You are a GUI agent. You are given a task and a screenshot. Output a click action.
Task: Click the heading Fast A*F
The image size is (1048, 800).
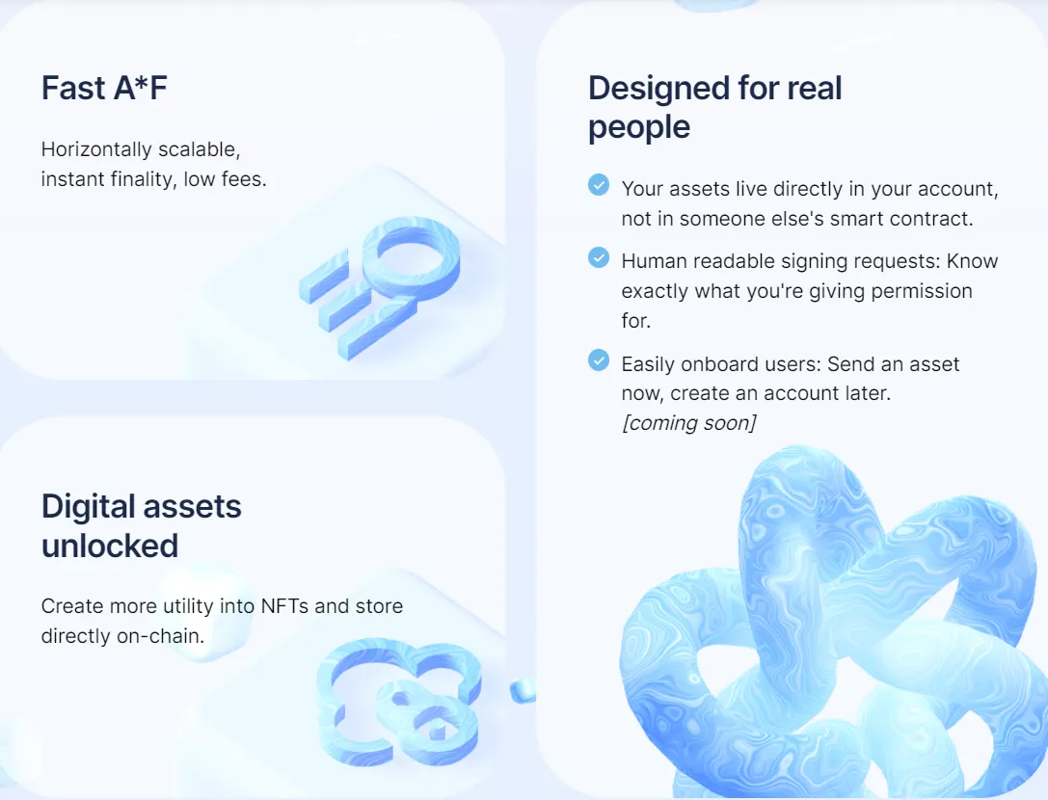(104, 88)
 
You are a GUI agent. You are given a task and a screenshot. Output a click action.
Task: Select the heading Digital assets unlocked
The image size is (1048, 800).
(141, 525)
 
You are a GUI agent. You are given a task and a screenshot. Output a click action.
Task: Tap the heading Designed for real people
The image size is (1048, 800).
(714, 107)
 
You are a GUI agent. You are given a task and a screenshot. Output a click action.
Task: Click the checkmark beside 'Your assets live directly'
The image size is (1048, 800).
(599, 184)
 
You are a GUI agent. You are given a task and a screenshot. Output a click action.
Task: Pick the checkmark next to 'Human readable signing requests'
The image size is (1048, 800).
(599, 257)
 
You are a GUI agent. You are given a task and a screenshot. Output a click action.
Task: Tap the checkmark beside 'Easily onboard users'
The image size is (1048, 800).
(599, 360)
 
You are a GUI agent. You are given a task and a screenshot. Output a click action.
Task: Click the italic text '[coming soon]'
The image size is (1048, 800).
(688, 423)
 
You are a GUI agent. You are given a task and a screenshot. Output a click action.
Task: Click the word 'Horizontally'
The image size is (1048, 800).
(96, 149)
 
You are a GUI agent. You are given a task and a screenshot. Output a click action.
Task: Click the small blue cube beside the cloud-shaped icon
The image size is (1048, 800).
(523, 689)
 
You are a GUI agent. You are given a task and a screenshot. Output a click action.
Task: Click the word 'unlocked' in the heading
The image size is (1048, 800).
(109, 546)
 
